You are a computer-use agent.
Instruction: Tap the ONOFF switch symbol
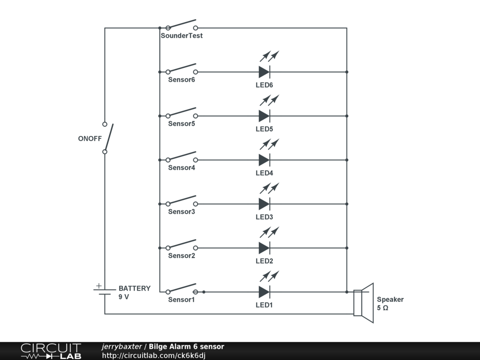107,138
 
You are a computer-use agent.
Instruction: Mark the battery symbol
104,292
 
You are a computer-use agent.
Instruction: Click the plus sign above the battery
98,285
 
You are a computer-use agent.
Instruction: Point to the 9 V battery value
124,297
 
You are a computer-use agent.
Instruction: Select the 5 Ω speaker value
382,308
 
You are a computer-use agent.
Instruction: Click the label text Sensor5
181,124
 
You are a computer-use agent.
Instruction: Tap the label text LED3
264,217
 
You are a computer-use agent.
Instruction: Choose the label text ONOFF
90,139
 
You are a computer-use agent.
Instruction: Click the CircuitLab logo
51,351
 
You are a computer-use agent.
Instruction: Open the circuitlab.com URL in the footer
154,356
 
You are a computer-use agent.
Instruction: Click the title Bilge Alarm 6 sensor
187,347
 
